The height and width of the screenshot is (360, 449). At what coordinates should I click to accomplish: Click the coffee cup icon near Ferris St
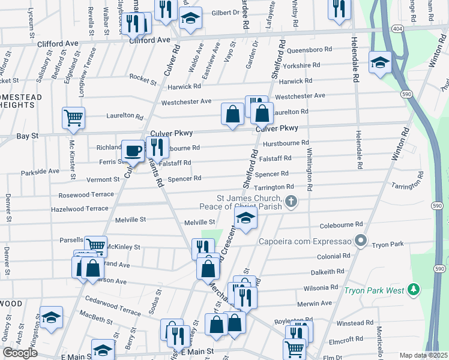coord(133,151)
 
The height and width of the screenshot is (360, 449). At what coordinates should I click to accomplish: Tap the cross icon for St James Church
coord(291,202)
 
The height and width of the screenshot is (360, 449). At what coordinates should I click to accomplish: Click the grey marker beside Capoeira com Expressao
coord(360,241)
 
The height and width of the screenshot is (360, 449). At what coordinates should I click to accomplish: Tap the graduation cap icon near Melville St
coord(246,219)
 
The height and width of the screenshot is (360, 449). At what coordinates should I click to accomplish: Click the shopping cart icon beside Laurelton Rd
coord(73,118)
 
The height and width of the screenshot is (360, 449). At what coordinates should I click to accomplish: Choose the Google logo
coord(20,352)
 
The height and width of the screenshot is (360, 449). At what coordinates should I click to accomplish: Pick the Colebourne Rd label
coord(342,224)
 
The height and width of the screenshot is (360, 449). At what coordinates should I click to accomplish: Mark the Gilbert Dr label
coord(225,13)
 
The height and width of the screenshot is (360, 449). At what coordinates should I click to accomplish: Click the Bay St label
coord(27,137)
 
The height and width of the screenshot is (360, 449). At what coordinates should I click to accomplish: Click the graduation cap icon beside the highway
coord(381,62)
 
